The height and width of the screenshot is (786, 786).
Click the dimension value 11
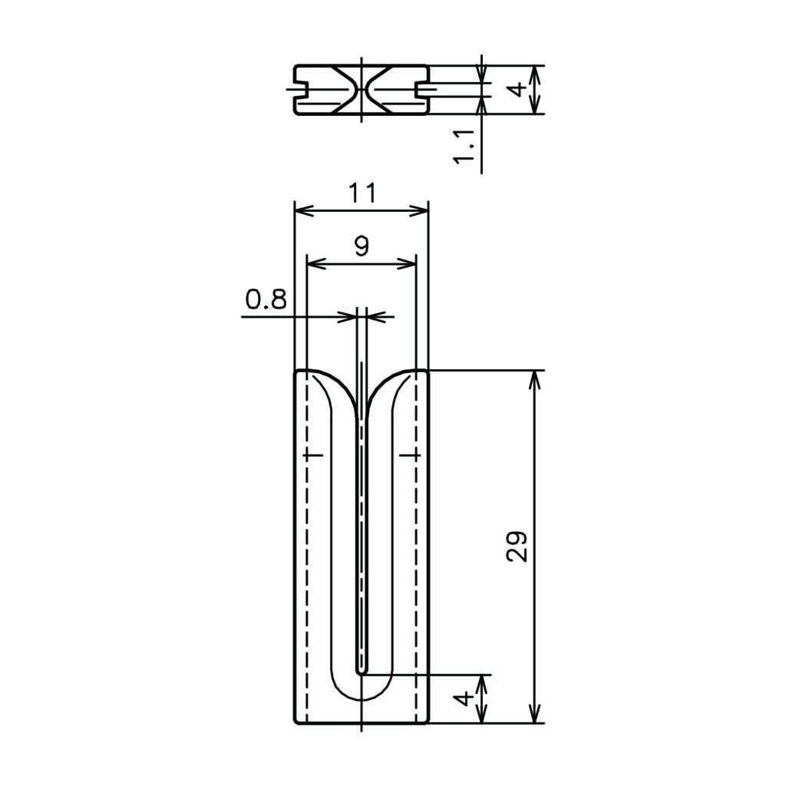362,193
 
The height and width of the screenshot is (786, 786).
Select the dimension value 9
362,246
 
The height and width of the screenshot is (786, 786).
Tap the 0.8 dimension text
266,299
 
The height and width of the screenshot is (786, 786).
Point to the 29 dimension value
517,547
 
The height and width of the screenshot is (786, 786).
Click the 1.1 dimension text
464,146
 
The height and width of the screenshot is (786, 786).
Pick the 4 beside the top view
517,90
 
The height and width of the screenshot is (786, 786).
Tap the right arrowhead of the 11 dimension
419,211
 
